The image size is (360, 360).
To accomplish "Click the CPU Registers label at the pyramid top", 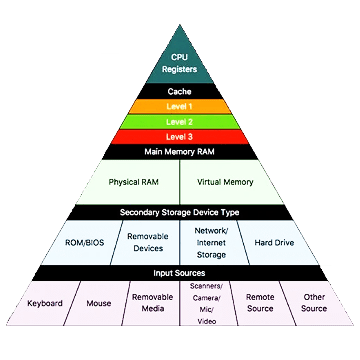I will (x=180, y=63).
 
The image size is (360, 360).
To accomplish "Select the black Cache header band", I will (x=180, y=91).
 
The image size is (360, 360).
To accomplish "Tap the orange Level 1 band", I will (x=180, y=107).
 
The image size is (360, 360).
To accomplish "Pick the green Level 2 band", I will (x=180, y=122).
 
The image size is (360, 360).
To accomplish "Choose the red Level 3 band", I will (x=180, y=137).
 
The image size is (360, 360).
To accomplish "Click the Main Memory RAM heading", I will (x=180, y=152).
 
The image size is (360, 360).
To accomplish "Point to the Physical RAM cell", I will (x=134, y=182).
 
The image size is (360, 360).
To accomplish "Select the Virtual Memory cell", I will (x=225, y=182).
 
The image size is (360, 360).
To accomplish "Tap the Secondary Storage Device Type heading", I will (x=180, y=212).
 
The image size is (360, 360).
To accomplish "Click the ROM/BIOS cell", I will (x=84, y=242).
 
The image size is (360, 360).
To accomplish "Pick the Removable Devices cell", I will (x=148, y=242).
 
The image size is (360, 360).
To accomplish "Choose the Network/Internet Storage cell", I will (x=211, y=242).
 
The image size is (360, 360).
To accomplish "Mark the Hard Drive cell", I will (x=274, y=242).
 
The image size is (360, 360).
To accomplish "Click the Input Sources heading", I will (x=180, y=273).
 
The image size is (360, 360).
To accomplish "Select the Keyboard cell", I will (x=45, y=303).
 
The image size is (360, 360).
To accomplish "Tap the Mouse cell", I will (x=99, y=303).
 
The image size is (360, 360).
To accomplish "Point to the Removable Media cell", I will (x=153, y=303).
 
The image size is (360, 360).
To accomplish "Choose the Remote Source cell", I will (x=260, y=303).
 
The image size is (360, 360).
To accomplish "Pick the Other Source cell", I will (x=314, y=303).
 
